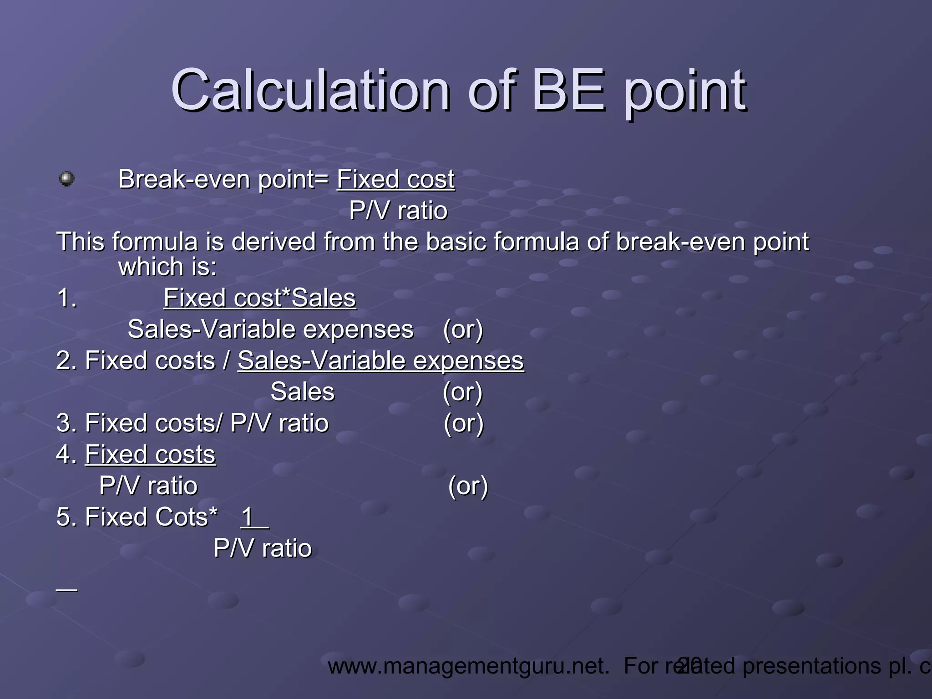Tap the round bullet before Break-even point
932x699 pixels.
[x=67, y=178]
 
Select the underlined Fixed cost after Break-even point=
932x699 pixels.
[x=395, y=179]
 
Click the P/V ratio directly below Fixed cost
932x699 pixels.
[x=398, y=211]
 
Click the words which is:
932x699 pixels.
[x=167, y=267]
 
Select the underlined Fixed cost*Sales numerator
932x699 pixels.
[x=259, y=298]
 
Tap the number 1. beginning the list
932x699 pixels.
[x=66, y=299]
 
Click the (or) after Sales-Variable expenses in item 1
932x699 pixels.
[x=463, y=329]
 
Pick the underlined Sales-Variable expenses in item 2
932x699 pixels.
[x=380, y=361]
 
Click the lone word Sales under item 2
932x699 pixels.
[x=302, y=392]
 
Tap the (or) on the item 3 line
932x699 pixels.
[x=463, y=423]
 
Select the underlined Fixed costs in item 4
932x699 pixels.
[x=150, y=455]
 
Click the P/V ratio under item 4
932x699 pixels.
[x=148, y=486]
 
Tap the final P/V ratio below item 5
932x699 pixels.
[x=263, y=548]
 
